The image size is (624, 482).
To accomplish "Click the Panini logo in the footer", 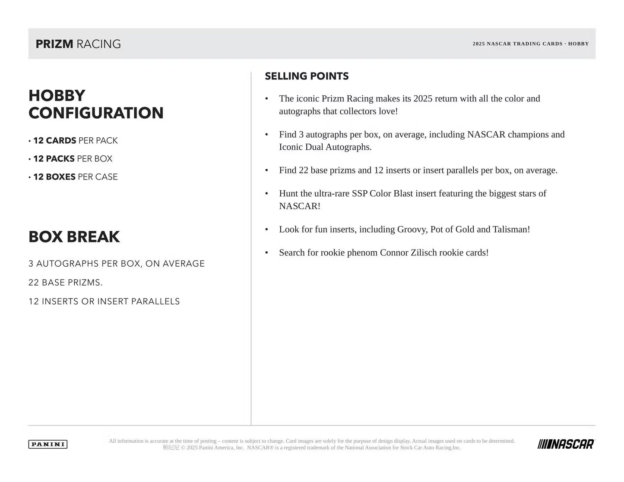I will tap(48, 444).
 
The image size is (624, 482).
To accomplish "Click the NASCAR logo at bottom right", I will tap(566, 444).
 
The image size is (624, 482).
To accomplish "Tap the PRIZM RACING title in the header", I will tap(78, 44).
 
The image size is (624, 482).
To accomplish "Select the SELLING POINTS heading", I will tap(307, 76).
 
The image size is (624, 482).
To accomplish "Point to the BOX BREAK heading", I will tap(74, 237).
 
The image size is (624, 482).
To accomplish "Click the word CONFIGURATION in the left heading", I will tap(96, 113).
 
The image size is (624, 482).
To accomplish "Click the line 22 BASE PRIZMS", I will tap(66, 283).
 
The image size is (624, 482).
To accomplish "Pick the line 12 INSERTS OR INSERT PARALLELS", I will tap(104, 302).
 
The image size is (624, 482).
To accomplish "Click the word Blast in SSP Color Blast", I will tap(403, 194).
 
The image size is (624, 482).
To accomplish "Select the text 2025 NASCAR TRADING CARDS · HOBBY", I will tap(530, 44).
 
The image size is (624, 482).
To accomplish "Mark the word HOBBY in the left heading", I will tap(57, 96).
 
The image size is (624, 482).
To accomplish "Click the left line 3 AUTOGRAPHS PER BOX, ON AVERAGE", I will tap(117, 264).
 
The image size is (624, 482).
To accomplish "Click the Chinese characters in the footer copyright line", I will tap(171, 448).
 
